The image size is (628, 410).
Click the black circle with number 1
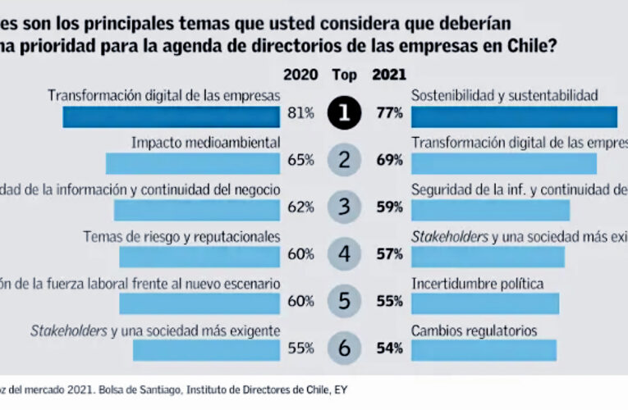click(344, 115)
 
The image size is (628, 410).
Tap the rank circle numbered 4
click(344, 254)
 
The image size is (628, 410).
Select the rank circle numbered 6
click(344, 348)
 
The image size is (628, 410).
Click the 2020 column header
click(300, 75)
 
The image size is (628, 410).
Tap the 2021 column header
click(389, 75)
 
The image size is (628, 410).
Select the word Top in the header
click(345, 75)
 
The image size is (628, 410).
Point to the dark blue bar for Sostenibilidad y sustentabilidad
click(514, 117)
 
